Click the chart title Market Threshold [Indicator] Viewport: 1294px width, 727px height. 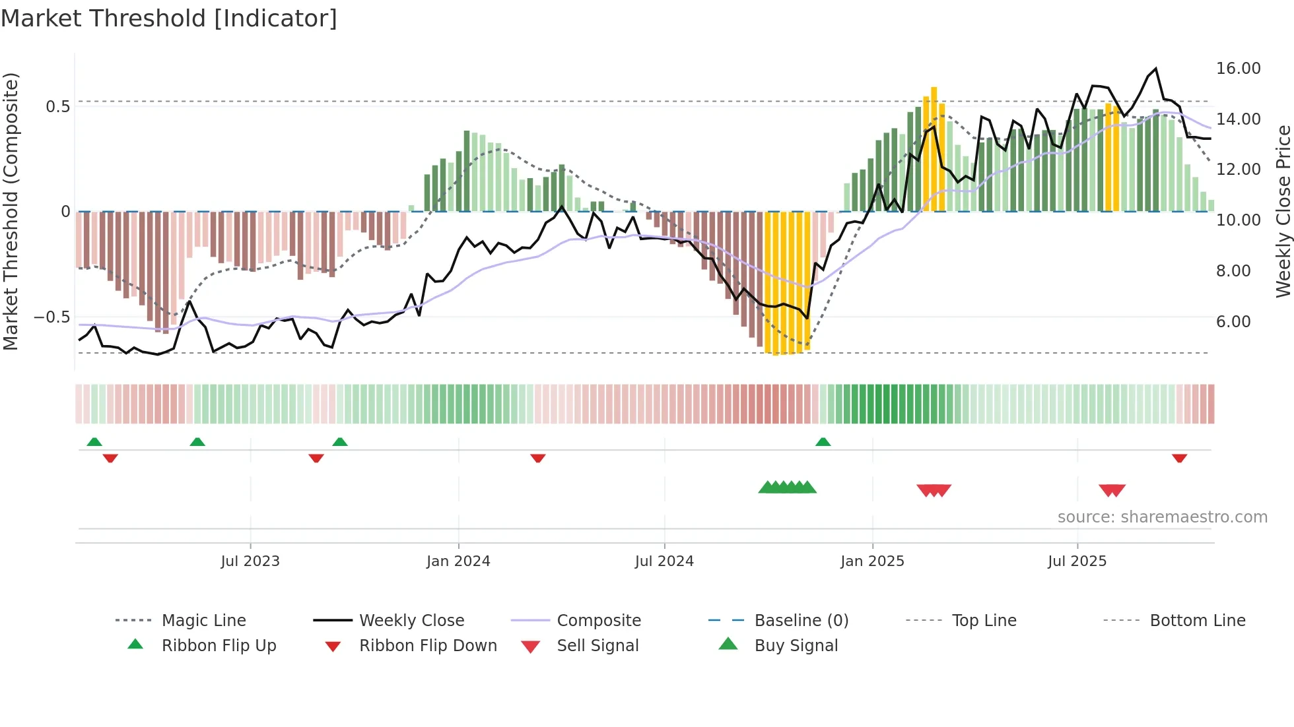tap(169, 18)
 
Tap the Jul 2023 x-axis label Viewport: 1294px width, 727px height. tap(250, 561)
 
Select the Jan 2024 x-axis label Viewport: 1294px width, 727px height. tap(458, 561)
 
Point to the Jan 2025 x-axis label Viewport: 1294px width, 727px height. tap(872, 561)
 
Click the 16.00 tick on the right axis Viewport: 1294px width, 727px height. tap(1238, 69)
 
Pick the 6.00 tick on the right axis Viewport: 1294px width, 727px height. tap(1233, 322)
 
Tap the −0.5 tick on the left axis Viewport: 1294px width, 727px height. tap(52, 317)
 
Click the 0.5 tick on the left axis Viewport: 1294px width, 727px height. tap(58, 107)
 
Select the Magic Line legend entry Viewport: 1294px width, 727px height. tap(203, 621)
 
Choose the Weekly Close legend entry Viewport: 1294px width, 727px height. tap(411, 621)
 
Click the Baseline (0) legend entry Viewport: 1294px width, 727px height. tap(801, 621)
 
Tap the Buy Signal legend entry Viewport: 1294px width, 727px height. tap(796, 646)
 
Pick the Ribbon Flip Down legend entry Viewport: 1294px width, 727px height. tap(427, 646)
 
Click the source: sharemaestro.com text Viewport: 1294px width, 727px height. tap(1162, 517)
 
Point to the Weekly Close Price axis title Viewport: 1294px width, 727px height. tap(1283, 211)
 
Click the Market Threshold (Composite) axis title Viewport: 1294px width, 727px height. tap(11, 211)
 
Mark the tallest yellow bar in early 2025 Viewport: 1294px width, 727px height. tap(934, 148)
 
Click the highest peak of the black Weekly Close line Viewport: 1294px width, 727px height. tap(1155, 69)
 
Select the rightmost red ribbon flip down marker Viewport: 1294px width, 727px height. tap(1179, 458)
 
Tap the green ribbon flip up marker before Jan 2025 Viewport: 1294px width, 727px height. tap(823, 442)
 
